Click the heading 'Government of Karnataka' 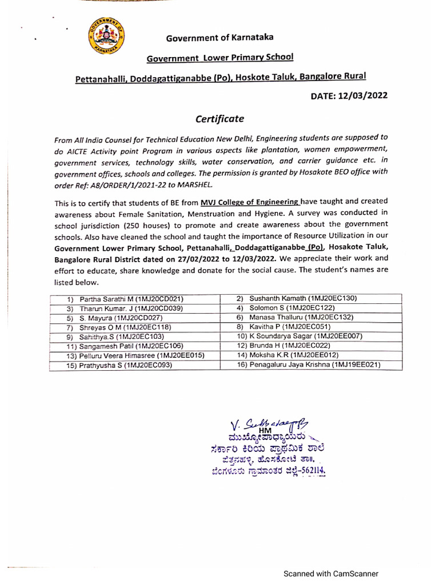coord(219,38)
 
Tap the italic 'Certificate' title coord(219,119)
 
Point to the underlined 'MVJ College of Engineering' coord(250,202)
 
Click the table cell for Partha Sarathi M coord(135,299)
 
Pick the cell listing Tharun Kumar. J coord(135,308)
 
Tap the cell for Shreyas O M coord(135,327)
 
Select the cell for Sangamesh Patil coord(135,346)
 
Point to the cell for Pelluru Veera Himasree coord(135,355)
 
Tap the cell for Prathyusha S coord(135,365)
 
